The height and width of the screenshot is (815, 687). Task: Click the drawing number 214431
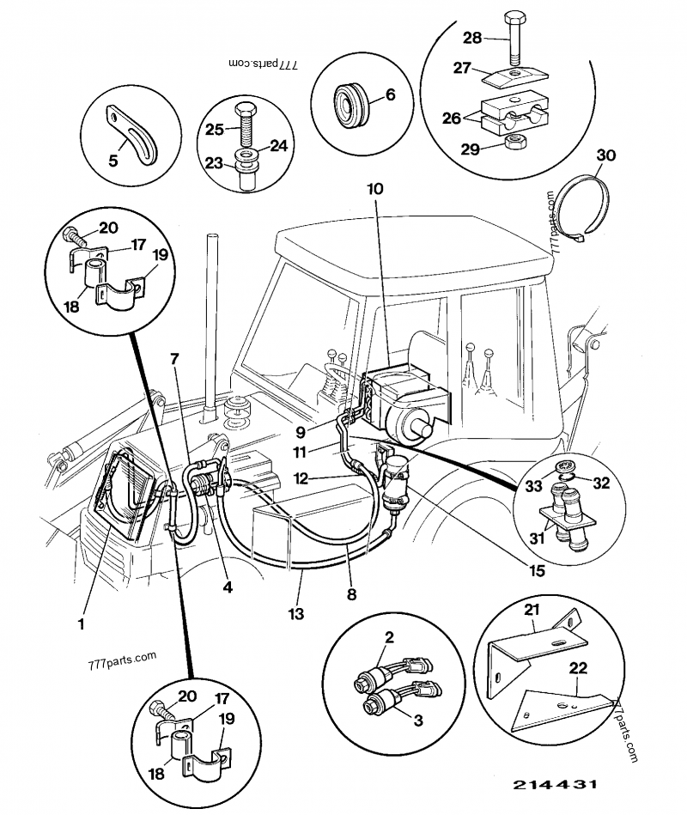pos(556,785)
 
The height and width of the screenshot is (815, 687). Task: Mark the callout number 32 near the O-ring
pos(600,483)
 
